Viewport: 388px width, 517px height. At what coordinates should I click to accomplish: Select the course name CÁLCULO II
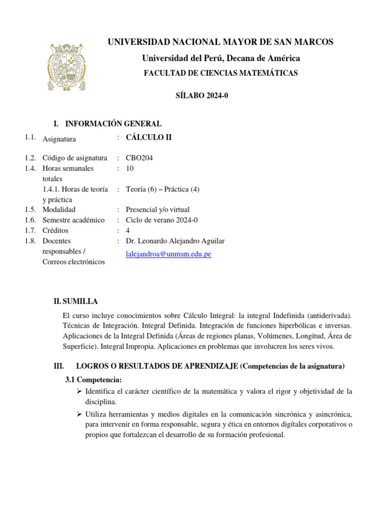[149, 137]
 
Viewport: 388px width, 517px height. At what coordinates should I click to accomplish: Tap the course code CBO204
[139, 158]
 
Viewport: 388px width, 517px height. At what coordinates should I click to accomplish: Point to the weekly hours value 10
[130, 168]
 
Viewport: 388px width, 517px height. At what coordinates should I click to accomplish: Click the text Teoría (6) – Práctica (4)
[163, 189]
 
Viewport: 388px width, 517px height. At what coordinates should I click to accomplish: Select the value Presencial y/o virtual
[158, 210]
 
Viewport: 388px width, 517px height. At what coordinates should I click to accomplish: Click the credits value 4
[128, 230]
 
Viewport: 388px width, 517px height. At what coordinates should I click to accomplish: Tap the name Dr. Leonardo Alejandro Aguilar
[175, 241]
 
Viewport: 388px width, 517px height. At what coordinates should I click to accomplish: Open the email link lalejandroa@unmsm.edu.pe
[168, 254]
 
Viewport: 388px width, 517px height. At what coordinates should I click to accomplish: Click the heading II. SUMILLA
[76, 301]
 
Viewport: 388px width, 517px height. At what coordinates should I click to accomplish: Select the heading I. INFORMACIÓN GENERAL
[108, 124]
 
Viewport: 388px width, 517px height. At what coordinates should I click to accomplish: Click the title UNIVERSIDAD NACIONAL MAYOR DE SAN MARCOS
[220, 42]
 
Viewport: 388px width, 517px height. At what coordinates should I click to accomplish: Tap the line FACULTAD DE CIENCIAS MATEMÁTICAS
[221, 73]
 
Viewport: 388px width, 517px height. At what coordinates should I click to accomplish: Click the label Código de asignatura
[75, 158]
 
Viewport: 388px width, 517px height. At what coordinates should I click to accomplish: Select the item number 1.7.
[30, 230]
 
